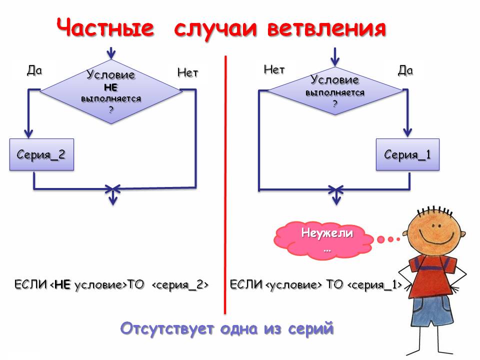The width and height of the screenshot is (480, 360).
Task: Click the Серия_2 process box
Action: click(41, 154)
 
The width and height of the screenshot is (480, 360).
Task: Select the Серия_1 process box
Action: click(407, 154)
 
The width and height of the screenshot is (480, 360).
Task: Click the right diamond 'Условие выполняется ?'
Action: click(334, 90)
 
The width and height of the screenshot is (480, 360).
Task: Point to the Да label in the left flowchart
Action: click(34, 70)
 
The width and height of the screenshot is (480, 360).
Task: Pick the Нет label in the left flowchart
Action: click(187, 73)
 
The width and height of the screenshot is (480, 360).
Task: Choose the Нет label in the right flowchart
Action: click(274, 70)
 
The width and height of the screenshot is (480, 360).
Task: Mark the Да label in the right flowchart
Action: click(405, 70)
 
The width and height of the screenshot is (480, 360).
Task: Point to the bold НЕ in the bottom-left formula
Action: click(62, 285)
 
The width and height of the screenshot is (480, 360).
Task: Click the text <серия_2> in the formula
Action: click(179, 285)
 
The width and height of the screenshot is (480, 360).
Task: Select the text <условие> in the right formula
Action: click(293, 285)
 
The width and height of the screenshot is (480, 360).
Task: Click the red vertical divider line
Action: click(225, 185)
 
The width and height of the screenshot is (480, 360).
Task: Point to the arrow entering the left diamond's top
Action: click(111, 52)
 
